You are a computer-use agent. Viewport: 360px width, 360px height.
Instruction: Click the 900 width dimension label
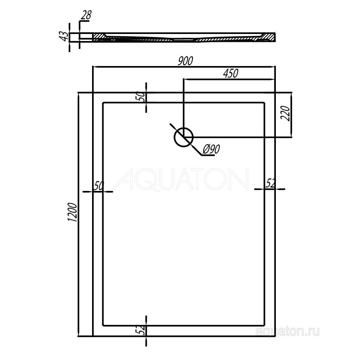[x=186, y=61]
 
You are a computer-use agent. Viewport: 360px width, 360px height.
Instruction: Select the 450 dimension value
[x=231, y=74]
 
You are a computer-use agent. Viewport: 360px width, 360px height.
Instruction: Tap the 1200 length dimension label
[x=72, y=212]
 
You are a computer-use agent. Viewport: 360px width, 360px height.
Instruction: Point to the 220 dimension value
[x=285, y=114]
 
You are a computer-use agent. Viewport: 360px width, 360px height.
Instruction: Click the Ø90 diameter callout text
[x=211, y=149]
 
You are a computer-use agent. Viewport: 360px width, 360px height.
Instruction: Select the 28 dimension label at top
[x=86, y=15]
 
